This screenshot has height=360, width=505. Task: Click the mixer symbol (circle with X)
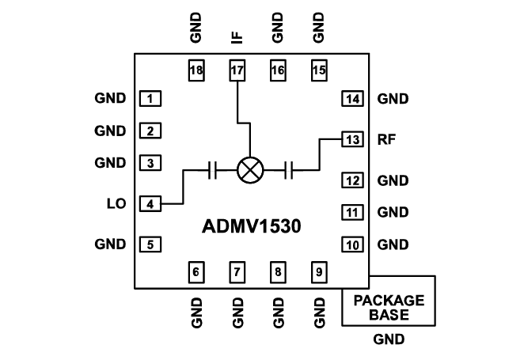coord(250,169)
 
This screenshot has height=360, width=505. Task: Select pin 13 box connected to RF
coord(352,139)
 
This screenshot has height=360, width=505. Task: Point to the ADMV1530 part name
coord(249,226)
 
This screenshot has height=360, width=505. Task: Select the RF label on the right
coord(387,139)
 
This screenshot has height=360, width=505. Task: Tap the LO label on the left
coord(116,203)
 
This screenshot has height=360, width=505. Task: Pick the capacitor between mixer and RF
coord(290,169)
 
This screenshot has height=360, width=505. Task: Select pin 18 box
coord(196,70)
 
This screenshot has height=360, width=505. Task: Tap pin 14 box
coord(352,99)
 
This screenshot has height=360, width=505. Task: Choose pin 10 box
coord(352,244)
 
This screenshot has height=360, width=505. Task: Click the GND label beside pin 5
coord(109,244)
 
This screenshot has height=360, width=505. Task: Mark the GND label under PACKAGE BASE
coord(388,340)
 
